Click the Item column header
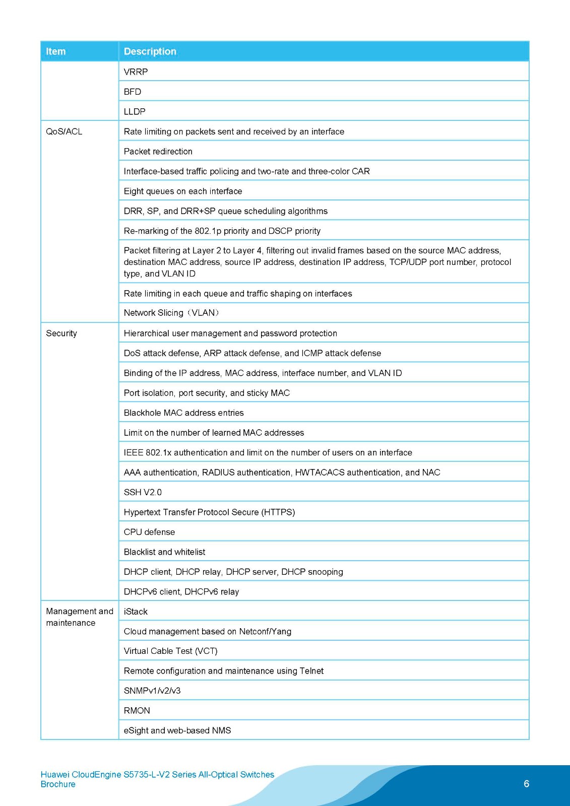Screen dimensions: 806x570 coord(56,51)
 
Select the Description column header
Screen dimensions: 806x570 coord(150,51)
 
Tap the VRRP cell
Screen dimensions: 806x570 coord(136,72)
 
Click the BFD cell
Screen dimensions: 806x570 coord(133,92)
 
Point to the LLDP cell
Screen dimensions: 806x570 coord(135,112)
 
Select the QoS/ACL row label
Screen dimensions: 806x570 coord(64,131)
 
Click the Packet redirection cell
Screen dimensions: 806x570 coord(158,152)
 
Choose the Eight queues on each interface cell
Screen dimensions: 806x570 coord(183,191)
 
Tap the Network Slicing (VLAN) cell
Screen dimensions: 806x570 coord(171,313)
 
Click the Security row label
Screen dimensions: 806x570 coord(61,333)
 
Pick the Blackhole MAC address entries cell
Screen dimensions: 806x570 coord(184,413)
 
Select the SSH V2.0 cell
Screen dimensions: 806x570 coord(143,492)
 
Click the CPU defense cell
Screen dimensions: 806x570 coord(149,532)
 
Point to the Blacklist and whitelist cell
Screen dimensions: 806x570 coord(164,552)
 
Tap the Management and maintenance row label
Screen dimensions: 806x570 coord(79,617)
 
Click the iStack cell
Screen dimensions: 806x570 coord(136,612)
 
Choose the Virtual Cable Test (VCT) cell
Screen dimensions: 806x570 coord(170,651)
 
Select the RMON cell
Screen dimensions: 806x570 coord(137,711)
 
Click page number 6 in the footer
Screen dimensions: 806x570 coord(527,784)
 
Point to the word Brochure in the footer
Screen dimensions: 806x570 coord(58,784)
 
